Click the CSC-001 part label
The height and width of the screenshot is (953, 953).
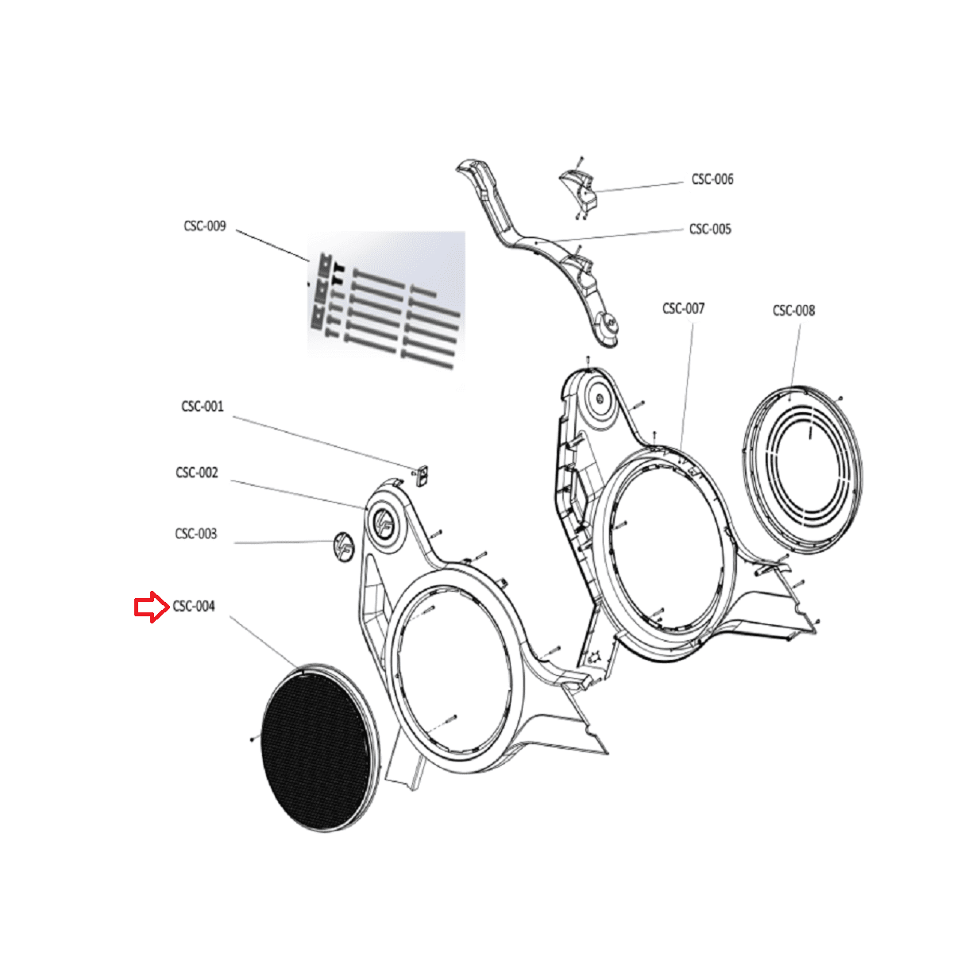click(x=203, y=407)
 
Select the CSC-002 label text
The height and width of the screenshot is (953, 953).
click(x=197, y=473)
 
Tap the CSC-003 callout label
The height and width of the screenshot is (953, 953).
click(x=196, y=534)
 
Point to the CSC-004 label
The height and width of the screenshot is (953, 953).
click(x=194, y=607)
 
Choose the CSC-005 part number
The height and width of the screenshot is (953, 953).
click(x=710, y=230)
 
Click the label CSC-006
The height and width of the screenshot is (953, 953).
click(x=712, y=179)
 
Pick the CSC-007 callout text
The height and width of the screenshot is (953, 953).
click(x=683, y=308)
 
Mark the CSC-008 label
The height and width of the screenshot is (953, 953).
click(x=793, y=311)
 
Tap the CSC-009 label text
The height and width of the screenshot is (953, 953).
click(x=205, y=226)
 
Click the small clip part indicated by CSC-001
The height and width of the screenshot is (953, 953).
click(x=422, y=476)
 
